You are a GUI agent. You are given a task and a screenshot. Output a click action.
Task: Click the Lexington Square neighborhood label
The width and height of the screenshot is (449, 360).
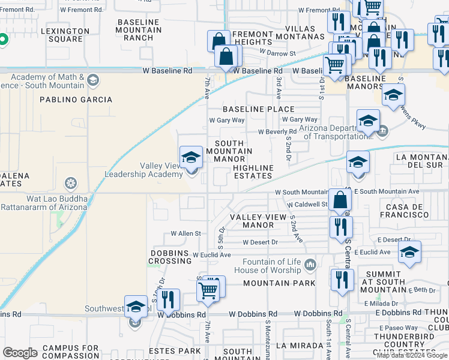click(x=62, y=35)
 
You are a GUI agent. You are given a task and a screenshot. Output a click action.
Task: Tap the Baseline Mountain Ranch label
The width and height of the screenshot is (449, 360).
click(x=140, y=29)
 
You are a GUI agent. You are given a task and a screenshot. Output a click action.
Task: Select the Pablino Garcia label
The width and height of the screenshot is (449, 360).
click(x=76, y=100)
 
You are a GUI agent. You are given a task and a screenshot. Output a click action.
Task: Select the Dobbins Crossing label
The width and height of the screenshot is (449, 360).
click(x=170, y=257)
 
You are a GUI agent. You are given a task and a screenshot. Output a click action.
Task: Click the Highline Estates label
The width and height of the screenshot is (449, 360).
click(x=253, y=172)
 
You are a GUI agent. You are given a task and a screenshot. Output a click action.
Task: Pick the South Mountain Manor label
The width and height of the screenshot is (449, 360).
click(x=229, y=151)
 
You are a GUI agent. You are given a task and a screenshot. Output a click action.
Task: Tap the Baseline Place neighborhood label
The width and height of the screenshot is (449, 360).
click(x=259, y=109)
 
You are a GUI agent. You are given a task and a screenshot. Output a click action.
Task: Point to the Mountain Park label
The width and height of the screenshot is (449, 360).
click(x=279, y=283)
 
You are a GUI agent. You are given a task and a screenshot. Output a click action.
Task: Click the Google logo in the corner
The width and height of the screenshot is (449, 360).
click(x=20, y=353)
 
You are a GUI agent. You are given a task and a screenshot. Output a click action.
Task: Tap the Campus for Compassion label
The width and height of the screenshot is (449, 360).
click(x=71, y=352)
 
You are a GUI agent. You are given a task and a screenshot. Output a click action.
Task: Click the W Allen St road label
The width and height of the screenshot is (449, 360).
click(x=185, y=233)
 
